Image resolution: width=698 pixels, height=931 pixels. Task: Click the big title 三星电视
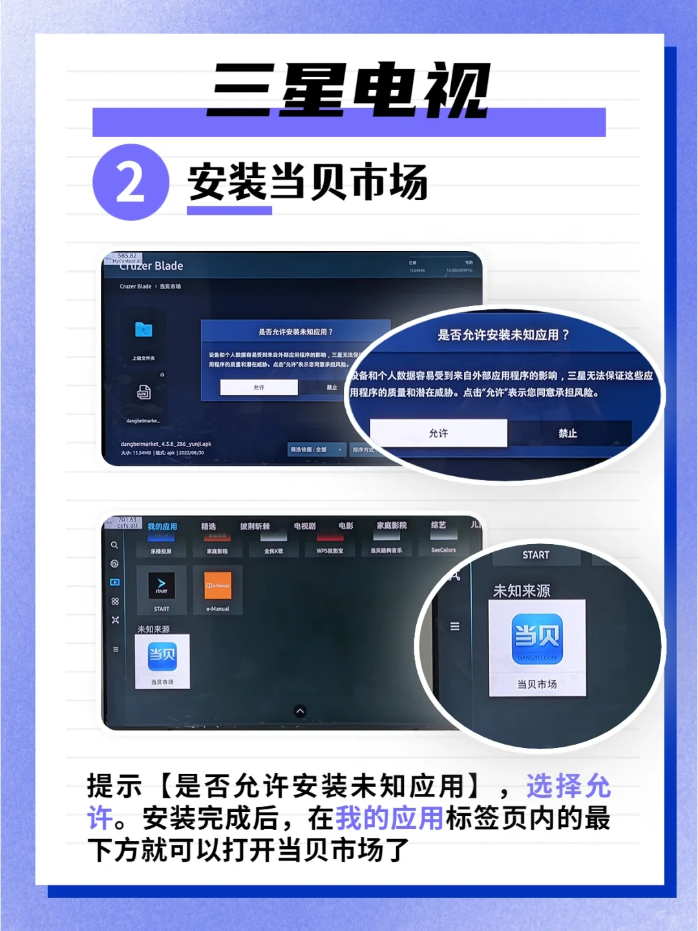pyautogui.click(x=349, y=91)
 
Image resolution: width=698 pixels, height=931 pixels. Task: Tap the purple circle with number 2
pyautogui.click(x=131, y=182)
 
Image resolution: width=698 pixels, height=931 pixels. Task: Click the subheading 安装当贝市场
pyautogui.click(x=308, y=182)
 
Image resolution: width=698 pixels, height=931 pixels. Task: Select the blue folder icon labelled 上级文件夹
pyautogui.click(x=143, y=331)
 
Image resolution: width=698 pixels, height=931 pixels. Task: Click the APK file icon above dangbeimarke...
pyautogui.click(x=143, y=392)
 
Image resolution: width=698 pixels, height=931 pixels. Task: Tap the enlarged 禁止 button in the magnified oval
pyautogui.click(x=567, y=433)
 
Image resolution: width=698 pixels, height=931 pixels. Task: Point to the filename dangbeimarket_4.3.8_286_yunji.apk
pyautogui.click(x=166, y=444)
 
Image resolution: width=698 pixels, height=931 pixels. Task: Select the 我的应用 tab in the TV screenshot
pyautogui.click(x=162, y=527)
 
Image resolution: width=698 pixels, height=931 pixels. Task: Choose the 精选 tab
pyautogui.click(x=208, y=527)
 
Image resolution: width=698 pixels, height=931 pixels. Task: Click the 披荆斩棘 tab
pyautogui.click(x=255, y=527)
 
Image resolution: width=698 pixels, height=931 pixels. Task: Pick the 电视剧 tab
pyautogui.click(x=304, y=526)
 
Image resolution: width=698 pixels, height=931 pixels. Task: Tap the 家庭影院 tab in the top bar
pyautogui.click(x=392, y=525)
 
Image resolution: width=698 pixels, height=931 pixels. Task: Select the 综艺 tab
pyautogui.click(x=438, y=525)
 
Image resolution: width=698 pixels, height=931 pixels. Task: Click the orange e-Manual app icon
pyautogui.click(x=218, y=586)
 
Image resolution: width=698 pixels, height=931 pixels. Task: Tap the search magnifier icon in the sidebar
pyautogui.click(x=114, y=545)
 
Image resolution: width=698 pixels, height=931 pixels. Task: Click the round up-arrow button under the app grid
pyautogui.click(x=300, y=711)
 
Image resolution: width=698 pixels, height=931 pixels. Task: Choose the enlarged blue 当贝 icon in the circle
pyautogui.click(x=537, y=639)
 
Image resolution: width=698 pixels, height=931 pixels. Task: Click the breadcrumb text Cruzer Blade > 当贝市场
pyautogui.click(x=150, y=287)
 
